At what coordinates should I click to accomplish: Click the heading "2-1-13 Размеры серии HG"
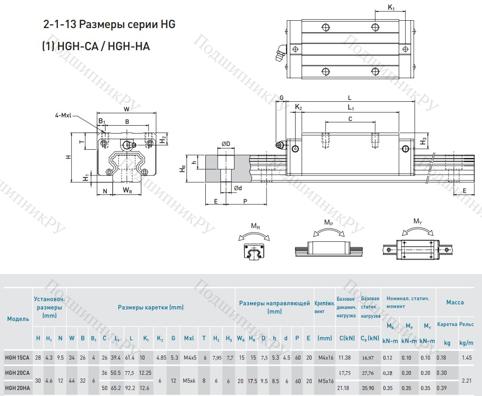pyautogui.click(x=109, y=25)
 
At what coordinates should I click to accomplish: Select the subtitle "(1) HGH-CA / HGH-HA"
pyautogui.click(x=96, y=46)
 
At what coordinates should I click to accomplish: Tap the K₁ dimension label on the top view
pyautogui.click(x=391, y=7)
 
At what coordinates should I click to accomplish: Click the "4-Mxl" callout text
pyautogui.click(x=63, y=116)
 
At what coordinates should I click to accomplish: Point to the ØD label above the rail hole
pyautogui.click(x=226, y=144)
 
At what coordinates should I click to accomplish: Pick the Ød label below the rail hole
pyautogui.click(x=238, y=188)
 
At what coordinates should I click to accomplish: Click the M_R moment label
pyautogui.click(x=256, y=226)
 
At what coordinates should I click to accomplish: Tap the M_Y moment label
pyautogui.click(x=418, y=221)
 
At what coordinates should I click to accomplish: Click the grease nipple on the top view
pyautogui.click(x=280, y=52)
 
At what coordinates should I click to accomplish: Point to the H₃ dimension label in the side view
pyautogui.click(x=424, y=141)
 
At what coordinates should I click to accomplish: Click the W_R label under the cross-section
pyautogui.click(x=127, y=190)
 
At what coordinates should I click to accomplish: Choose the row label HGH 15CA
pyautogui.click(x=17, y=357)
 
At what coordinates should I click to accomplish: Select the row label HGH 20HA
pyautogui.click(x=17, y=389)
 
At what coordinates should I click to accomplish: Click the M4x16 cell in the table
pyautogui.click(x=325, y=357)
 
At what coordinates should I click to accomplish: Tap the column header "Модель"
pyautogui.click(x=18, y=319)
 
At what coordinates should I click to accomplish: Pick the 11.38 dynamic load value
pyautogui.click(x=344, y=357)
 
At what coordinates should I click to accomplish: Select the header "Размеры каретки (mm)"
pyautogui.click(x=151, y=307)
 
